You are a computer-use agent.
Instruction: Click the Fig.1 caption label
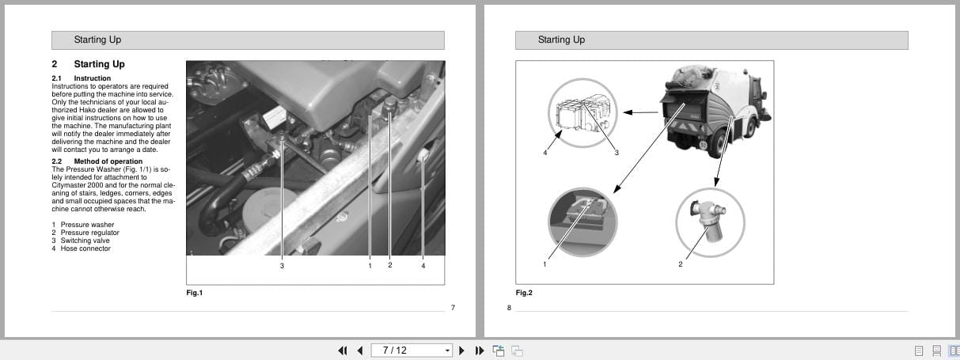pyautogui.click(x=194, y=293)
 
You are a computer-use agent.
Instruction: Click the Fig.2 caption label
pyautogui.click(x=524, y=293)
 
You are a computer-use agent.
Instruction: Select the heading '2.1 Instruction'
pyautogui.click(x=82, y=78)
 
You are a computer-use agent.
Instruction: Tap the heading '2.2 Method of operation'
pyautogui.click(x=97, y=161)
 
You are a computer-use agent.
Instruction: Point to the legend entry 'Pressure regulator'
pyautogui.click(x=90, y=233)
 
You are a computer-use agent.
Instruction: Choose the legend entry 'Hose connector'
pyautogui.click(x=85, y=248)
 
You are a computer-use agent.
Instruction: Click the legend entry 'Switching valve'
pyautogui.click(x=85, y=241)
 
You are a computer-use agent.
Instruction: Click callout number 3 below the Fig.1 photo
pyautogui.click(x=282, y=266)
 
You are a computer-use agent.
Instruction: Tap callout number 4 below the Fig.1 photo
pyautogui.click(x=423, y=266)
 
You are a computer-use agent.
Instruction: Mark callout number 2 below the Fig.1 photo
pyautogui.click(x=390, y=265)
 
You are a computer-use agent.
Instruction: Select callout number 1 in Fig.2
pyautogui.click(x=545, y=264)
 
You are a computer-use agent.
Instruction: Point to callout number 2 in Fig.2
pyautogui.click(x=680, y=264)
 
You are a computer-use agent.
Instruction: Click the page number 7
pyautogui.click(x=453, y=308)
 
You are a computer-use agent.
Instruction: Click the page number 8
pyautogui.click(x=509, y=308)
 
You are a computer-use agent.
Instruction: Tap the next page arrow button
pyautogui.click(x=461, y=351)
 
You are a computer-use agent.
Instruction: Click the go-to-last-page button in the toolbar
pyautogui.click(x=480, y=351)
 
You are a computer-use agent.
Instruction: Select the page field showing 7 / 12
pyautogui.click(x=412, y=351)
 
